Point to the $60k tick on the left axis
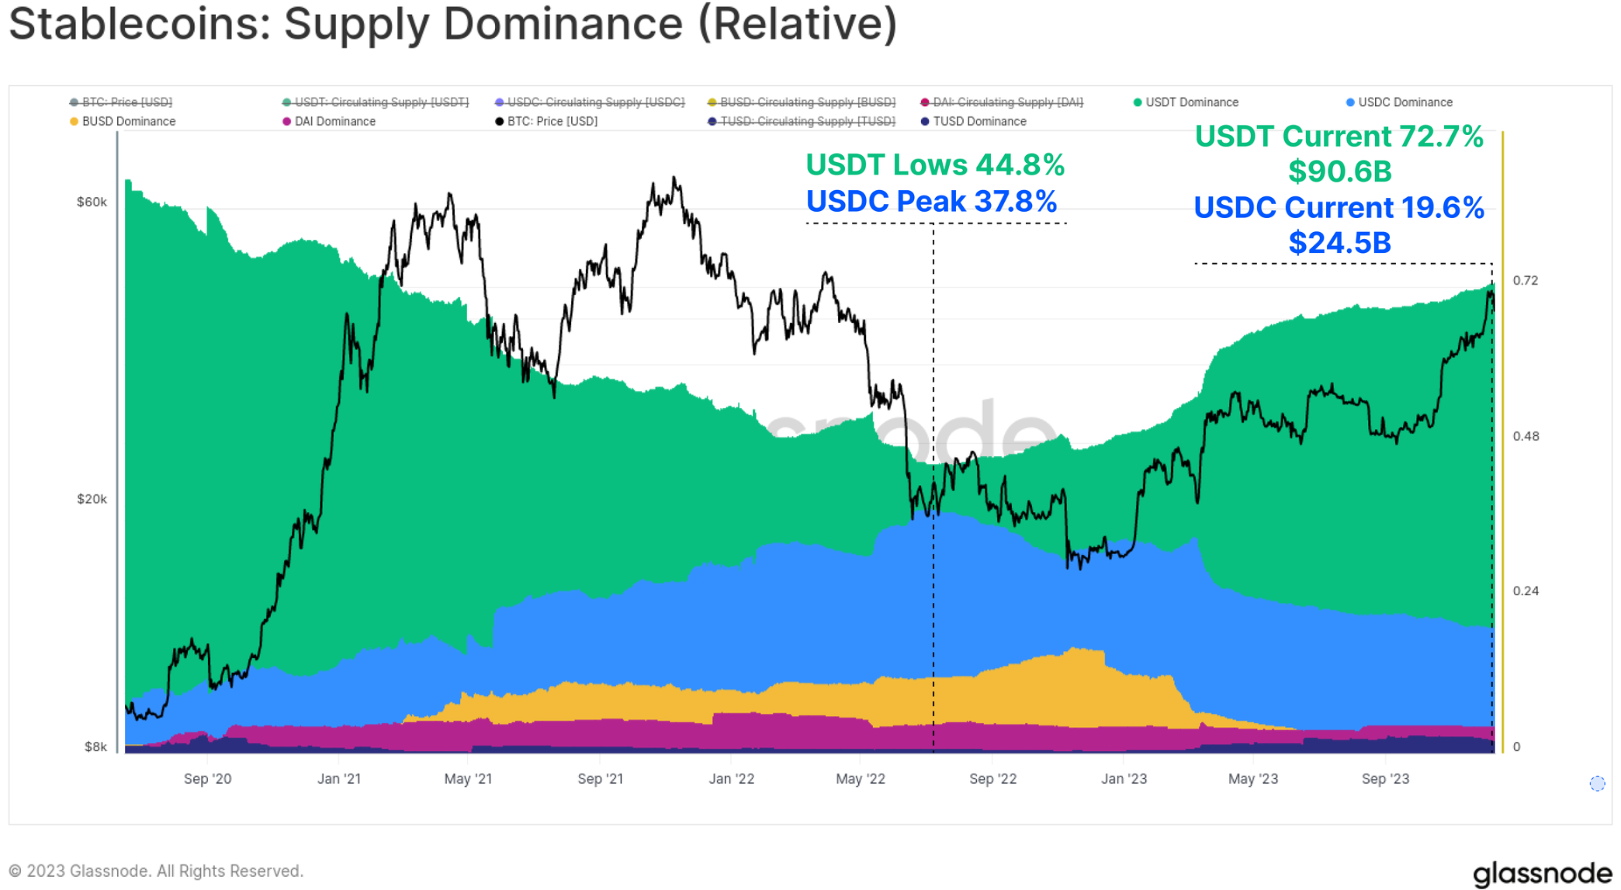point(92,203)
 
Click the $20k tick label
point(92,499)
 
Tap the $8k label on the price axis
point(95,746)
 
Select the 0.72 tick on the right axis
point(1525,280)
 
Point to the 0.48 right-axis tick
point(1526,436)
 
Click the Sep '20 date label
point(207,779)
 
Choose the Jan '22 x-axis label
point(731,779)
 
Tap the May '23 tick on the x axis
point(1253,779)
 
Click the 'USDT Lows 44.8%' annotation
point(934,164)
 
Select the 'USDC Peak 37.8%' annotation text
point(931,202)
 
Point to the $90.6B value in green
point(1339,171)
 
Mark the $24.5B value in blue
point(1339,243)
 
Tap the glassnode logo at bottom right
point(1542,873)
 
